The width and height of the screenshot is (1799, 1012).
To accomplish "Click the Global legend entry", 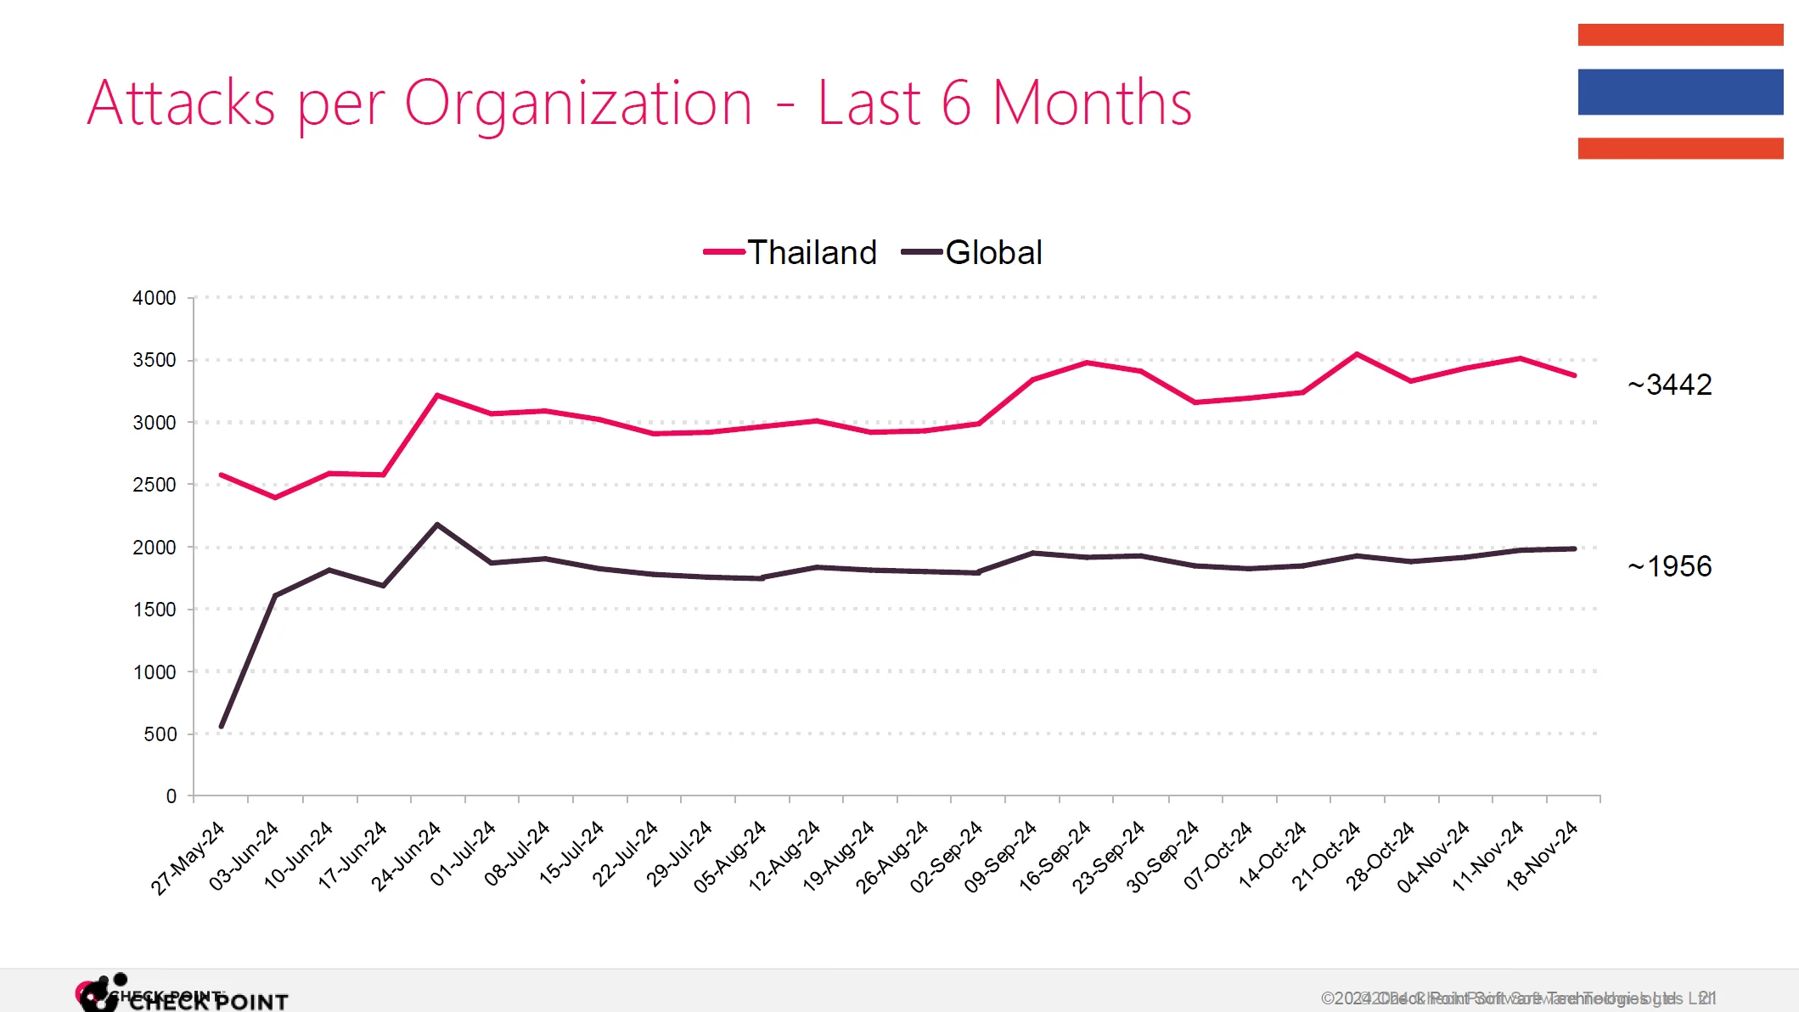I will click(972, 252).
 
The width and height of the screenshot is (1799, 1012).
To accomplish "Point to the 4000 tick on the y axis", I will click(155, 298).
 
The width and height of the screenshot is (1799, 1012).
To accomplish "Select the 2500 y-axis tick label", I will click(155, 485).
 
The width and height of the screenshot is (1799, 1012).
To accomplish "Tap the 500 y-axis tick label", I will click(160, 734).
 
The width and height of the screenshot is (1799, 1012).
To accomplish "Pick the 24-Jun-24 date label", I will click(407, 856).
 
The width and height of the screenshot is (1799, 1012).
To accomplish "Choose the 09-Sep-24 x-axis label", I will click(1001, 856).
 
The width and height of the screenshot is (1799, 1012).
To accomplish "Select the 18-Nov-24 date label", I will click(1542, 856).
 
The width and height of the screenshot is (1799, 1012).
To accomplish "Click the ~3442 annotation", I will click(1669, 385).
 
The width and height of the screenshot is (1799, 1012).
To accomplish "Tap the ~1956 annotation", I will click(1669, 566).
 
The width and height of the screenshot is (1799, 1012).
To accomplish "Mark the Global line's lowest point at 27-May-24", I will click(222, 726).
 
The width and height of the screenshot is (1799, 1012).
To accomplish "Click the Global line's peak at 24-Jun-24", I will click(437, 525).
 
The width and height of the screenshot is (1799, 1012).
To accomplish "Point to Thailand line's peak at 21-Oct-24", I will click(1357, 354).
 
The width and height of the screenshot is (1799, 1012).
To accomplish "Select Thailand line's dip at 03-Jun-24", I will click(275, 498).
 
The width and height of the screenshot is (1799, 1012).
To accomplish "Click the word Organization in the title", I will click(577, 104).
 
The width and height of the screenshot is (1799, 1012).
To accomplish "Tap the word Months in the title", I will click(1092, 104).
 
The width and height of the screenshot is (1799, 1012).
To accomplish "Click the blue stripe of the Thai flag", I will click(1680, 92).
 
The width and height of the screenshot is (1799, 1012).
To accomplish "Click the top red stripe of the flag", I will click(1680, 35).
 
